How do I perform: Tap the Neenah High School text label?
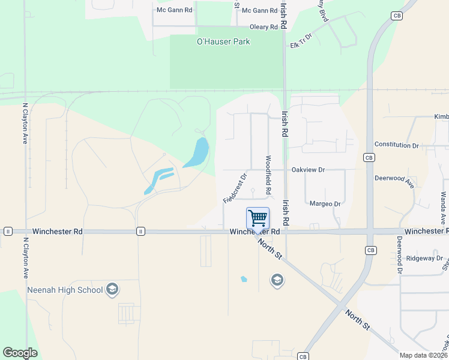(x=65, y=290)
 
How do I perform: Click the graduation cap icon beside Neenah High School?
(x=112, y=290)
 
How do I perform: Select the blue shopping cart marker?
(x=258, y=218)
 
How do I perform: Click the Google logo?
(x=20, y=352)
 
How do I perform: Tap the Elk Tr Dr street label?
(x=301, y=42)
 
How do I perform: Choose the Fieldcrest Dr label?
(x=235, y=188)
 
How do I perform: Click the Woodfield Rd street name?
(x=268, y=174)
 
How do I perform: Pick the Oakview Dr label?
(x=307, y=170)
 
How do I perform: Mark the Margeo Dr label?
(x=325, y=204)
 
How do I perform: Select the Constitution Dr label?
(x=396, y=145)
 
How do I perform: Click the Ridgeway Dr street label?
(x=424, y=258)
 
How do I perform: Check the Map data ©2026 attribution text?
(x=424, y=355)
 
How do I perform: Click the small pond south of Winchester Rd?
(x=244, y=279)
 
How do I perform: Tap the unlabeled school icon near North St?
(x=277, y=280)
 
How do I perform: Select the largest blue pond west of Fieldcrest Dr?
(x=197, y=153)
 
